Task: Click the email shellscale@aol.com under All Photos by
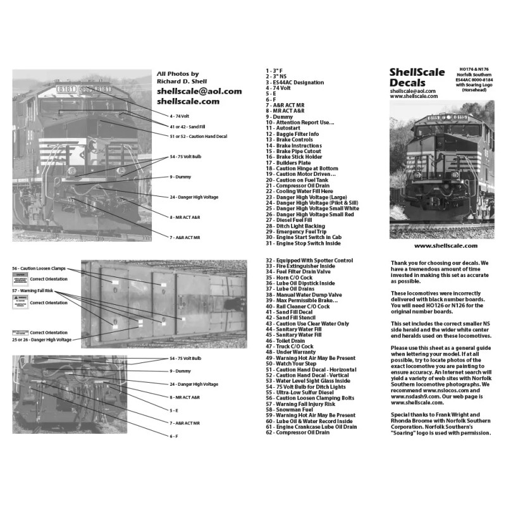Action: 199,91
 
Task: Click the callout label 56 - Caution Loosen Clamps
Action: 40,268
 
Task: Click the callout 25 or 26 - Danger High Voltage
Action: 43,340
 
